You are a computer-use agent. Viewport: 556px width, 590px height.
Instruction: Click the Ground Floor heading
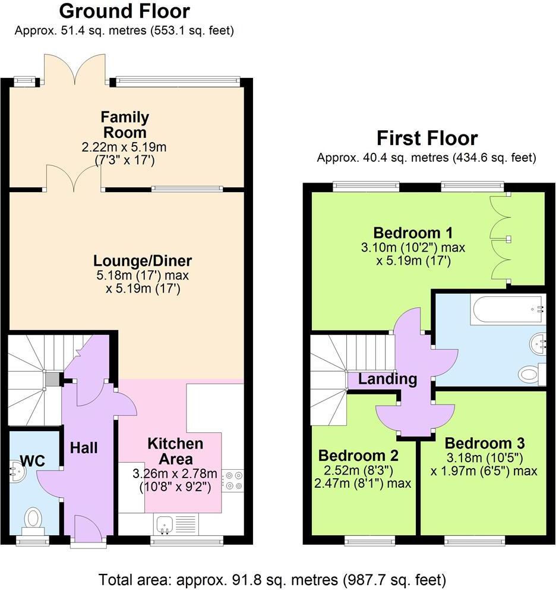125,11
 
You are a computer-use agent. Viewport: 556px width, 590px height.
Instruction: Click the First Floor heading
427,138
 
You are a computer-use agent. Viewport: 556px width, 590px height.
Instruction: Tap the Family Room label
125,124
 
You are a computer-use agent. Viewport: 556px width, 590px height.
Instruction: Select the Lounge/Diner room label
143,261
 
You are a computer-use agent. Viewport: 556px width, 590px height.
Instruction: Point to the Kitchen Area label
175,451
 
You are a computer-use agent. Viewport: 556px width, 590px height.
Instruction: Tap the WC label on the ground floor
33,460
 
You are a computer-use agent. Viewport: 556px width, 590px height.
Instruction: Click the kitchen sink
165,523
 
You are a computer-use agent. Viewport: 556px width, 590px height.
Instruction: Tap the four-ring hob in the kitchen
232,480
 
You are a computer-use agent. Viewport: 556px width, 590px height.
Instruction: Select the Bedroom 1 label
413,231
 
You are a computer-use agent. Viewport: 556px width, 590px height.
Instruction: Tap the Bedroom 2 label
358,456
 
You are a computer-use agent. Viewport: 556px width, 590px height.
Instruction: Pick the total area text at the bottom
271,579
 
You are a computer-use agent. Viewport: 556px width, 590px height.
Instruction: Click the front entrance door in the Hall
88,526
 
